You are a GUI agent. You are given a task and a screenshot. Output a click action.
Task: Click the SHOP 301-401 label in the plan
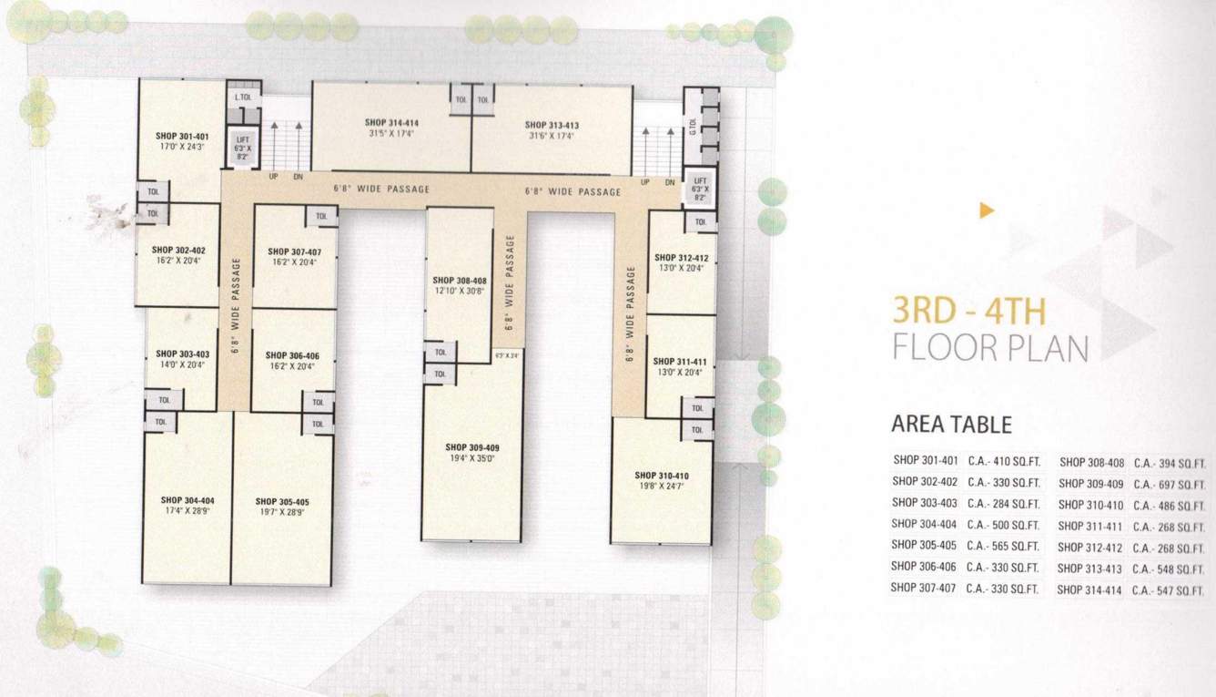(x=182, y=136)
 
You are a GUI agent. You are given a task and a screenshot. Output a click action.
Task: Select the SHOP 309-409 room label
(x=471, y=447)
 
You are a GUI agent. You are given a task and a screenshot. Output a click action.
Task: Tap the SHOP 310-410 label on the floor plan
(x=662, y=475)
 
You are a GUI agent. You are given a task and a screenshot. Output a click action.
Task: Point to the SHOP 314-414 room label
(x=391, y=122)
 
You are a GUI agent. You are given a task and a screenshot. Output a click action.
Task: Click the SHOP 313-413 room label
(x=552, y=125)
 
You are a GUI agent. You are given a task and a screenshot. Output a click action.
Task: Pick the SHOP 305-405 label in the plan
(x=282, y=501)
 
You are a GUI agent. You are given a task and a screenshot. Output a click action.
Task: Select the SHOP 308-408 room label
(x=460, y=280)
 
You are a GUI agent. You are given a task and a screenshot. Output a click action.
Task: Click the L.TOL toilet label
(x=242, y=97)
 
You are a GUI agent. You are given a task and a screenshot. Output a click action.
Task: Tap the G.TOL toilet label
(x=693, y=126)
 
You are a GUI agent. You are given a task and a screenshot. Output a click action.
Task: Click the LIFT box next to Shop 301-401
(x=242, y=147)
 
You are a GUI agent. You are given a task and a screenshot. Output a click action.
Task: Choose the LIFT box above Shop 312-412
(x=699, y=189)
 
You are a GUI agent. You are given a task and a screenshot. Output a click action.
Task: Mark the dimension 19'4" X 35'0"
(x=471, y=459)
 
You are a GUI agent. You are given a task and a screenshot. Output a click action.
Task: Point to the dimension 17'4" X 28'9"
(x=187, y=512)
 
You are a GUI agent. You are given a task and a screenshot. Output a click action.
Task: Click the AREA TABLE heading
(x=951, y=424)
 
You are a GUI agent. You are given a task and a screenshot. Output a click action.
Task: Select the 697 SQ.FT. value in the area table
(x=1170, y=483)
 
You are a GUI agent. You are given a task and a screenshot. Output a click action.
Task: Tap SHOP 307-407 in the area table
(x=924, y=589)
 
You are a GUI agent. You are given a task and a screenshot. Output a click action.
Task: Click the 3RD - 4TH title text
(x=968, y=312)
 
